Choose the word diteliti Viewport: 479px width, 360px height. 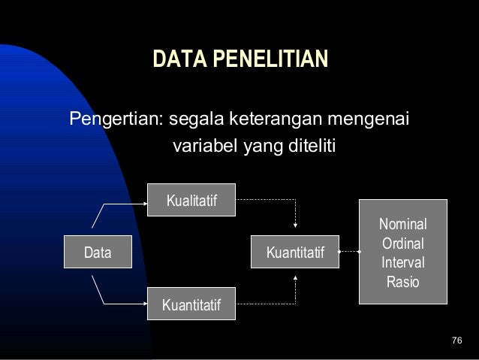click(x=306, y=145)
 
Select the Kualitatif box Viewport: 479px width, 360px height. click(x=191, y=201)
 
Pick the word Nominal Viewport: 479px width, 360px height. click(x=402, y=224)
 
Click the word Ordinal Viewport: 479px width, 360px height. click(x=402, y=244)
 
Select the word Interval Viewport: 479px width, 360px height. click(x=402, y=263)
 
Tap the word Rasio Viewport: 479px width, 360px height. click(x=402, y=283)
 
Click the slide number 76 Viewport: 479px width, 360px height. click(x=456, y=343)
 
